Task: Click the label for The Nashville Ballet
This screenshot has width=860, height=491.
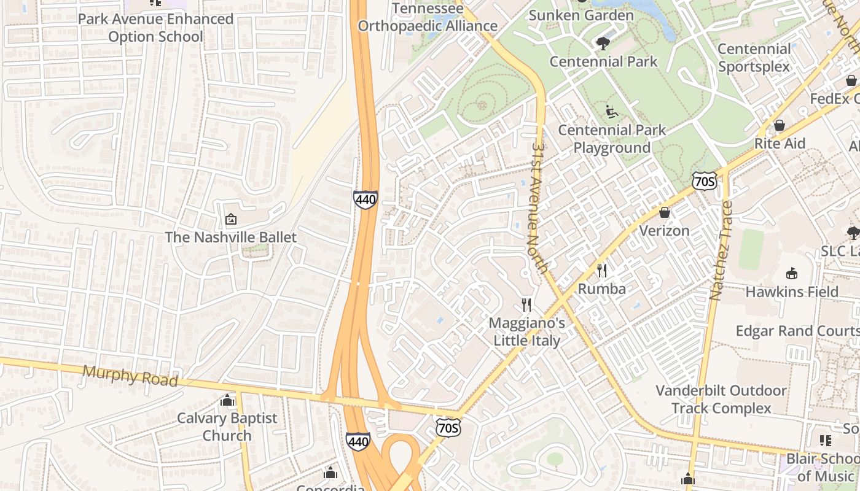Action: click(x=230, y=238)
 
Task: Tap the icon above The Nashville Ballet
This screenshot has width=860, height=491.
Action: click(x=231, y=219)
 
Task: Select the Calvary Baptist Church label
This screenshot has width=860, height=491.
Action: click(x=227, y=427)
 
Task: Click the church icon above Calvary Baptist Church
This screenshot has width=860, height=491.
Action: click(x=227, y=401)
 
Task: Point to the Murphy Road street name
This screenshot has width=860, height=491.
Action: click(x=130, y=376)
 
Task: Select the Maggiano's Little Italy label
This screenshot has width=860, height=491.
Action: click(x=526, y=331)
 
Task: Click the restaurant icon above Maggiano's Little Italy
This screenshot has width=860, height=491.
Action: click(x=526, y=305)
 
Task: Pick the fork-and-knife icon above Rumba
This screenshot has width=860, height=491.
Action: click(x=602, y=271)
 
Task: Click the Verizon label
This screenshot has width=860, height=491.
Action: click(x=664, y=231)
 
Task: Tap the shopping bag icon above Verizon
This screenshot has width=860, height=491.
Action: click(x=664, y=213)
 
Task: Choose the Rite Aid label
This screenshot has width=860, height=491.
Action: click(x=779, y=144)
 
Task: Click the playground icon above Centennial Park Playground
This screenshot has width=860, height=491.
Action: click(x=612, y=112)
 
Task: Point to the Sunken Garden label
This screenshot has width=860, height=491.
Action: click(x=580, y=15)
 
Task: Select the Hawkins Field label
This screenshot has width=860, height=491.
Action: click(x=791, y=292)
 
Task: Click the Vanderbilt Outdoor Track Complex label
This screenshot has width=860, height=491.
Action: click(x=721, y=399)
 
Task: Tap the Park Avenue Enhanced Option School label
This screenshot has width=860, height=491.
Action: click(x=155, y=28)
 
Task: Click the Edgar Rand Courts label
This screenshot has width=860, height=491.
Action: click(x=797, y=331)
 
